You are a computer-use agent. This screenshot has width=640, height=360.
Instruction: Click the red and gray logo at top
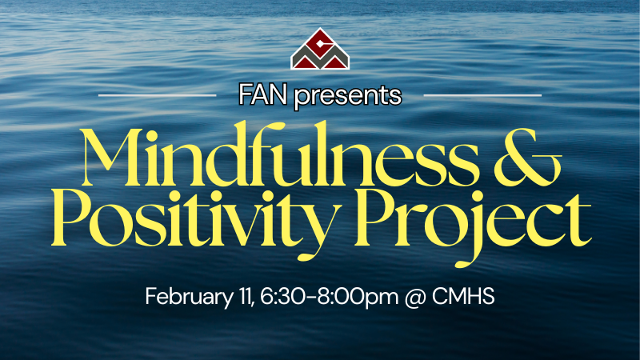click(320, 50)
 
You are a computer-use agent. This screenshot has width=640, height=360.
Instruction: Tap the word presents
click(346, 97)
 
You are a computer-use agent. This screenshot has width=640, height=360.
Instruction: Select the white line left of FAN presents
click(156, 95)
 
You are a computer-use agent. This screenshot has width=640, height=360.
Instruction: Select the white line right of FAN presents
click(482, 95)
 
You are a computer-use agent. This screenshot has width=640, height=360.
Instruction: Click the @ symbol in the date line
click(417, 297)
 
